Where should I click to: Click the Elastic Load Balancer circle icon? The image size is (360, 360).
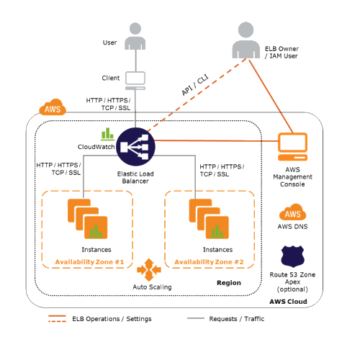(135, 147)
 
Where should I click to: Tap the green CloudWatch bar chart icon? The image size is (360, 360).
(107, 134)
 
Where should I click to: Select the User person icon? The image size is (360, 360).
(135, 36)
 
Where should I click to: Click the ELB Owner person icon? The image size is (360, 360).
(246, 40)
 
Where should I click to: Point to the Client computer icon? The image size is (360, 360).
(135, 81)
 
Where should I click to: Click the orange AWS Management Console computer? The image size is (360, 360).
(292, 147)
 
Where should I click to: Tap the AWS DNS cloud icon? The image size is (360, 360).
(292, 212)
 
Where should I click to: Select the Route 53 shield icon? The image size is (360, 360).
(292, 256)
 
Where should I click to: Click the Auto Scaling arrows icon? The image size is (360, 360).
(149, 270)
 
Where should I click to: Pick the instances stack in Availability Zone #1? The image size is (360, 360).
(88, 219)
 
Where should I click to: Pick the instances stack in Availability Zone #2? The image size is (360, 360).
(209, 219)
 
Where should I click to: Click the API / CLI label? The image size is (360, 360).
(195, 85)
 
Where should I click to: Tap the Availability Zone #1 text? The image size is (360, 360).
(89, 262)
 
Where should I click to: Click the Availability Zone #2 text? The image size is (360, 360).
(209, 262)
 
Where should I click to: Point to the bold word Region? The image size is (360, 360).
(229, 283)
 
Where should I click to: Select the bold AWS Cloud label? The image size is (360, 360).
(288, 302)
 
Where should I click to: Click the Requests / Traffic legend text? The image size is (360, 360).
(237, 319)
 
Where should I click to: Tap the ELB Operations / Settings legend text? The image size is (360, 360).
(112, 319)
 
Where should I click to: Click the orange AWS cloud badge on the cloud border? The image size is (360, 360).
(53, 107)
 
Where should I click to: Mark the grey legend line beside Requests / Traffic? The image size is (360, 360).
(196, 318)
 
